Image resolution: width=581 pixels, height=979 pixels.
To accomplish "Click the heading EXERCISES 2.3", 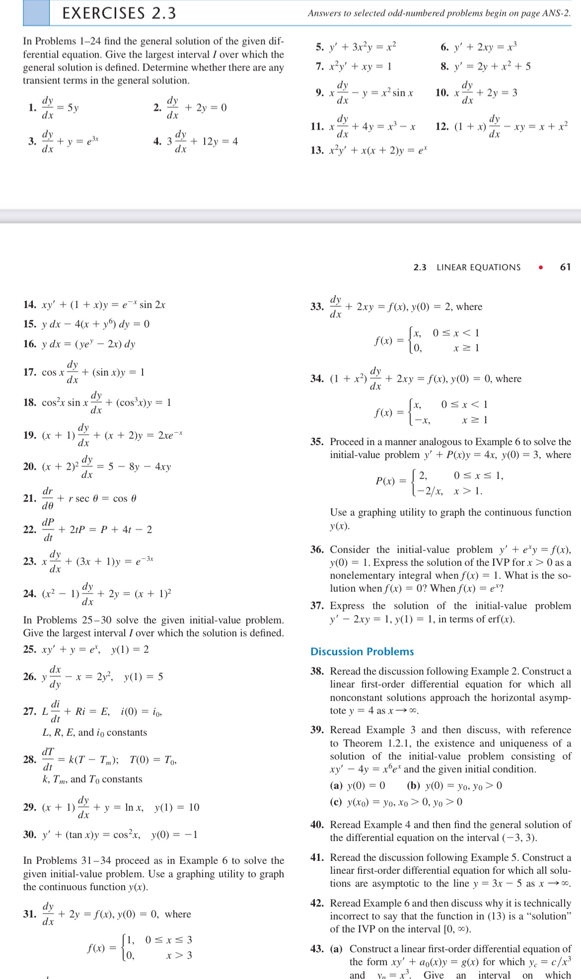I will click(119, 13).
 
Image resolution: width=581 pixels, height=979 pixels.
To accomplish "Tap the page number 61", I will click(565, 267).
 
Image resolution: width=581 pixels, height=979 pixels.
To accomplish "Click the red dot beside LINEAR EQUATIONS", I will click(541, 267).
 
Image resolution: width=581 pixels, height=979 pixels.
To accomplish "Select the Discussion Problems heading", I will click(362, 651).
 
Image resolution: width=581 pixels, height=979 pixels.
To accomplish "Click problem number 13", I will click(317, 150).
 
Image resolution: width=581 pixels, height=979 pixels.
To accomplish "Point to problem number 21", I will click(30, 498).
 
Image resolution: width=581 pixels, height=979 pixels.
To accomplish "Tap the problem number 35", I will click(317, 442).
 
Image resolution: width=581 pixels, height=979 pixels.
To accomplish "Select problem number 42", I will click(317, 903).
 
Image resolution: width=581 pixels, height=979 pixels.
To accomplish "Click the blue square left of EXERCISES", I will click(36, 13).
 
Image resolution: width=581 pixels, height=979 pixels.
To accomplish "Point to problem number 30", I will click(30, 834).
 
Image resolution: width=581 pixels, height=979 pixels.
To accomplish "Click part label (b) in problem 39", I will click(413, 785).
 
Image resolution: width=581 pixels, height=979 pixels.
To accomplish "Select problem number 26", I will click(30, 677).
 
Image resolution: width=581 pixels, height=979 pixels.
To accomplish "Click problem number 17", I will click(30, 372).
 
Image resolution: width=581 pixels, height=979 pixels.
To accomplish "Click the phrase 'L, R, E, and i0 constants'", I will click(94, 732).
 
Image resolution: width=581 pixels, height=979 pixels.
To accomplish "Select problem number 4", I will click(157, 142).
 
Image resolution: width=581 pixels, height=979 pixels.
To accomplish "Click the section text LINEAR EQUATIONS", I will click(478, 267).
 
